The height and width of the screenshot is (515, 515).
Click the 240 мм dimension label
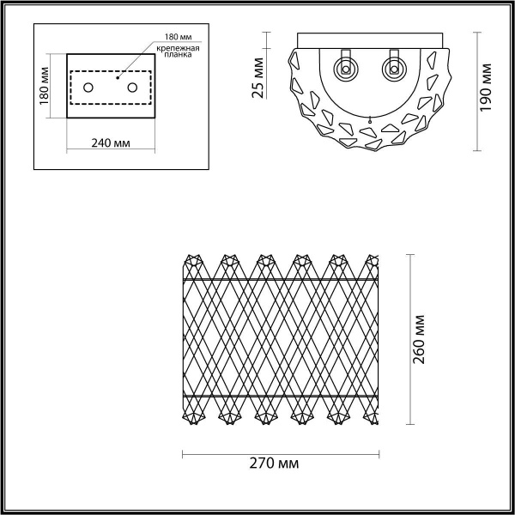(110, 142)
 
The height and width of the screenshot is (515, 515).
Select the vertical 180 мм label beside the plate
(44, 85)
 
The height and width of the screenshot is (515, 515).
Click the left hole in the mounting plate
(88, 87)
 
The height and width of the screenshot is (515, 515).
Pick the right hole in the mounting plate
(132, 87)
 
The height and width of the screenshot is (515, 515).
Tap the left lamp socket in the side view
(347, 66)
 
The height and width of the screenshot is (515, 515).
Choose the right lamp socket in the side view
(395, 66)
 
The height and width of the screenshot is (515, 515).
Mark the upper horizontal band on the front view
(281, 280)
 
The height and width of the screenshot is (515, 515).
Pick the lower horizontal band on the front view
(281, 396)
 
